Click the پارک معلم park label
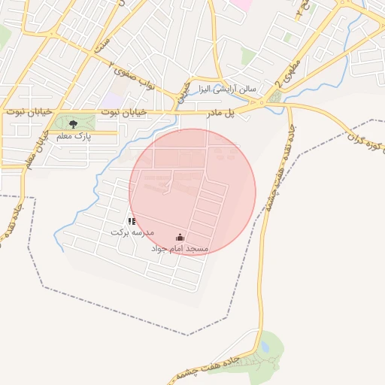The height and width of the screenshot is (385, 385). click(74, 137)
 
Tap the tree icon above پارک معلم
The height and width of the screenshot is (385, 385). click(73, 124)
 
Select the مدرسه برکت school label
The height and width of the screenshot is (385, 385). click(132, 232)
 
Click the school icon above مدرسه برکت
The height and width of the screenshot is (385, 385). click(132, 221)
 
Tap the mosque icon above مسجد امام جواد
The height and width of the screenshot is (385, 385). click(180, 238)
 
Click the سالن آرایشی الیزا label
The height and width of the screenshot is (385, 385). click(227, 88)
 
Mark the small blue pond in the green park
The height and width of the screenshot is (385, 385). click(265, 347)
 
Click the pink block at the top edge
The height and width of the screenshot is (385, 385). click(241, 4)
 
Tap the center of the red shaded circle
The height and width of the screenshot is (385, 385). click(192, 192)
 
